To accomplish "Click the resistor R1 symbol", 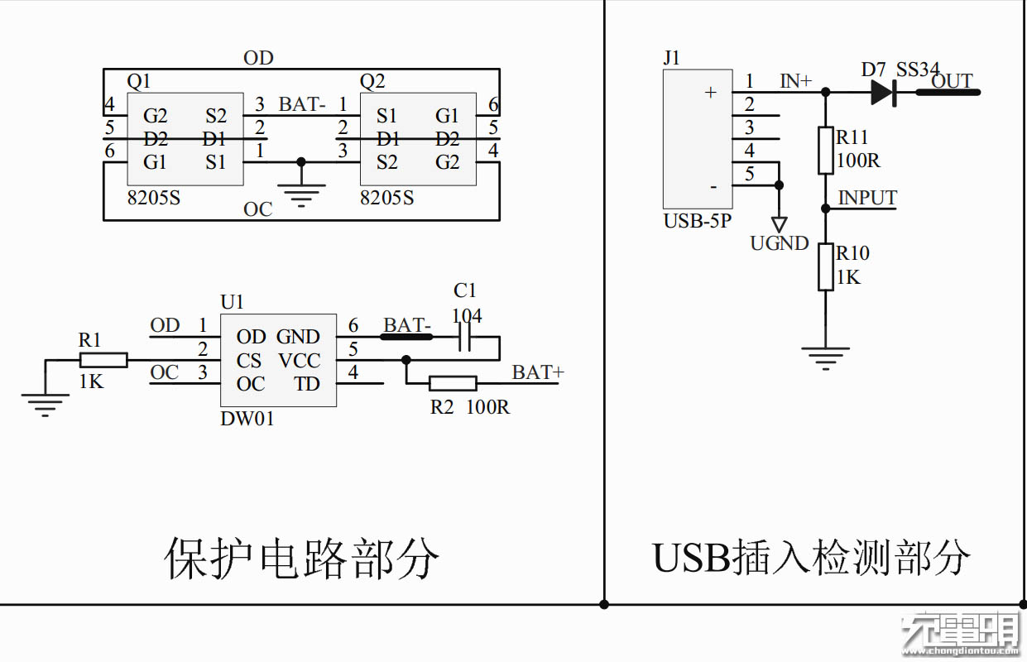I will (x=104, y=360).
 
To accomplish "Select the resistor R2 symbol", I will (x=454, y=383).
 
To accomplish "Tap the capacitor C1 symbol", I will (x=465, y=337).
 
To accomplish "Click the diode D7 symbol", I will (x=884, y=92).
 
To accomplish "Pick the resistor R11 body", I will (x=825, y=151).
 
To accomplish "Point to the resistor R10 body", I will (x=825, y=266).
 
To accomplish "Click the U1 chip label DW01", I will (x=247, y=419).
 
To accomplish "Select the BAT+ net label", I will (x=538, y=373).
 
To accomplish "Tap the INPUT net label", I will (x=867, y=199).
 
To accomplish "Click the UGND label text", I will (x=779, y=243).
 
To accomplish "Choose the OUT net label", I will (x=952, y=81).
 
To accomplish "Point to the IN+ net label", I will (x=796, y=81).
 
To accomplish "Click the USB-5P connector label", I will (x=697, y=222).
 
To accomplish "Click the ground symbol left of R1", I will (x=45, y=405).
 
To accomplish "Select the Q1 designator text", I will (x=139, y=81).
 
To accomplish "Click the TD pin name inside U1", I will (x=306, y=384).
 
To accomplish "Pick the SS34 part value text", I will (x=918, y=70).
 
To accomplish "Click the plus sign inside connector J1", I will (x=709, y=93).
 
